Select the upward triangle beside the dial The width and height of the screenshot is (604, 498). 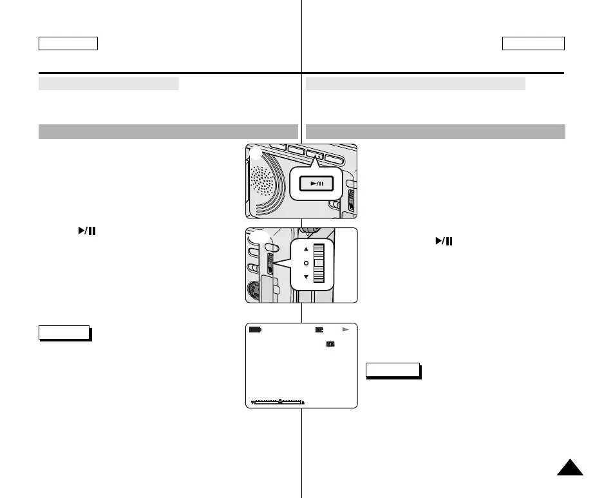coord(306,249)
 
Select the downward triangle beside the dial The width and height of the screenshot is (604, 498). coord(306,277)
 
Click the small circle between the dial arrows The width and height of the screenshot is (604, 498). coord(306,263)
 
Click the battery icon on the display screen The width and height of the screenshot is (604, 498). coord(256,330)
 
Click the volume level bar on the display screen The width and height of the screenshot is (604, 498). coord(278,402)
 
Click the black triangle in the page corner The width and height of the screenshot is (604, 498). coord(570,468)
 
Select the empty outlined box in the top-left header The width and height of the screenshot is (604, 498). coord(68,44)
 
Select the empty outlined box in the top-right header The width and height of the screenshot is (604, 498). coord(533,44)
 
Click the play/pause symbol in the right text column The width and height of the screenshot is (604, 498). coord(444,242)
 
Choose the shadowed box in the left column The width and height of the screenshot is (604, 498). coord(64,332)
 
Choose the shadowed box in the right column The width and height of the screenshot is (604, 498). coord(393,370)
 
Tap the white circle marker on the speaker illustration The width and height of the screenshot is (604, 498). coord(256,153)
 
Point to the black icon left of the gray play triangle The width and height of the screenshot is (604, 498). coord(319,330)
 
